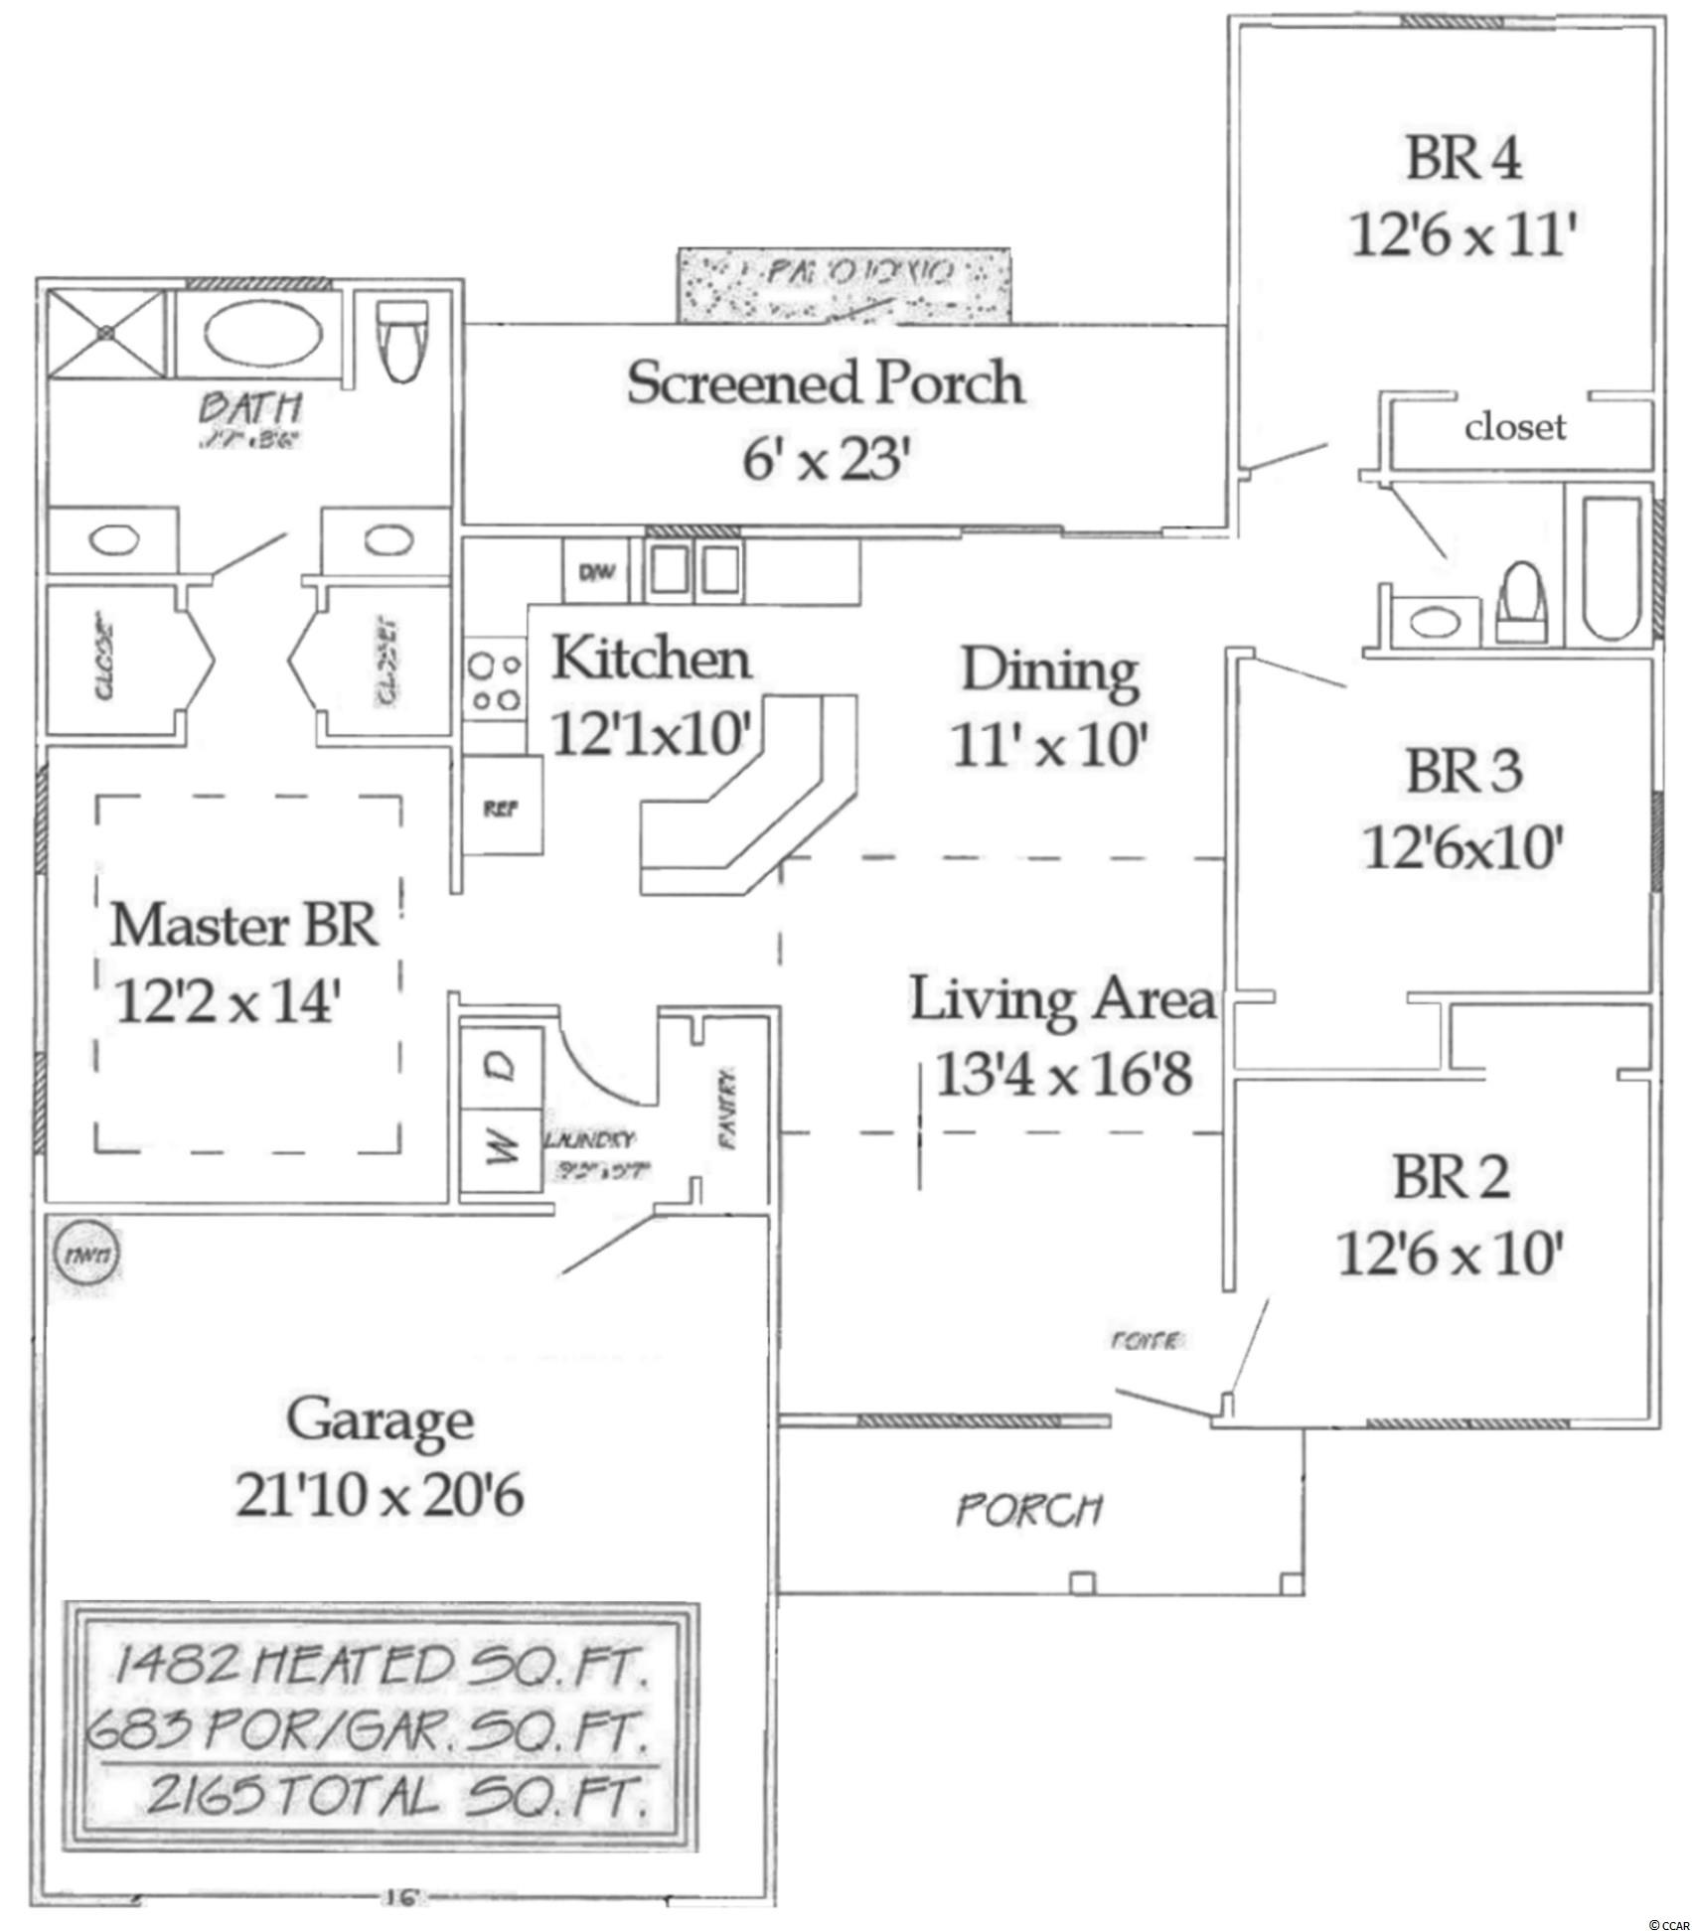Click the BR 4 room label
1463,159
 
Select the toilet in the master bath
403,342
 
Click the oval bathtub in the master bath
263,335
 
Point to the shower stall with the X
105,334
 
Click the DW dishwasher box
596,571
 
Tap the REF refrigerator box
502,808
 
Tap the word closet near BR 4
1514,427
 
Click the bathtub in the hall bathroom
1610,563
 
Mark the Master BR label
243,926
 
